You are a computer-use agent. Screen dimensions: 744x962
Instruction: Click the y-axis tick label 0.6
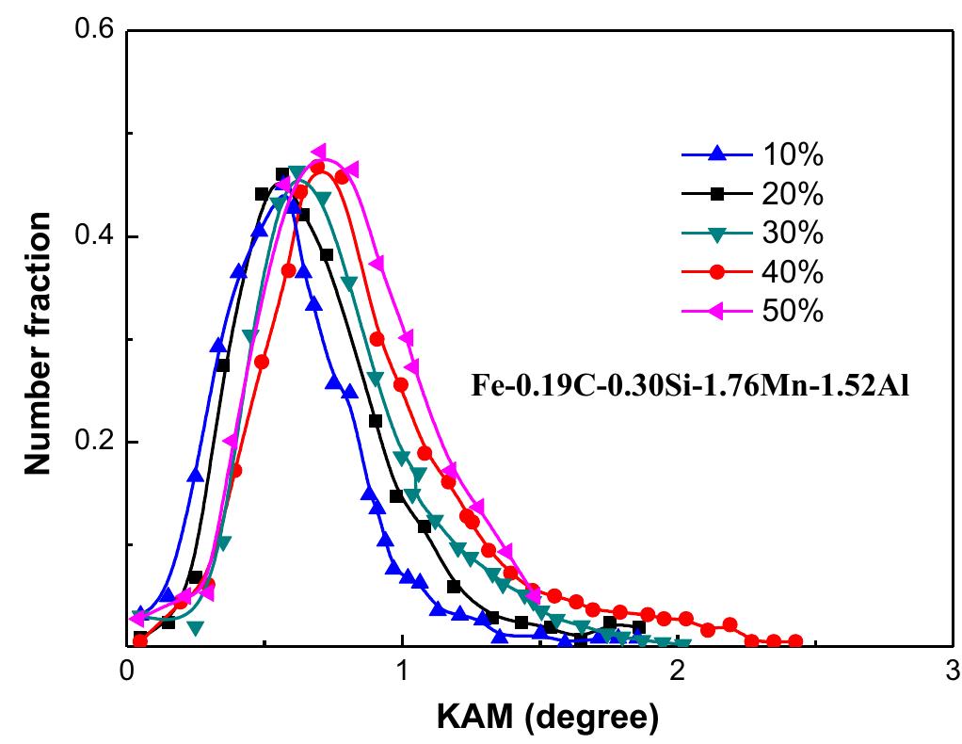pyautogui.click(x=91, y=31)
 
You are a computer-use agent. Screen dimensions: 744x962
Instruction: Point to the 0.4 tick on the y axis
pyautogui.click(x=91, y=236)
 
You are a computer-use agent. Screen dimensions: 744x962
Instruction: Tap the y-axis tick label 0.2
pyautogui.click(x=91, y=442)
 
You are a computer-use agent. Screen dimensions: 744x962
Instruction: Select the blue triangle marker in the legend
pyautogui.click(x=717, y=154)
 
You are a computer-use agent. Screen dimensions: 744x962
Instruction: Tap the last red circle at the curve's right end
pyautogui.click(x=795, y=641)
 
